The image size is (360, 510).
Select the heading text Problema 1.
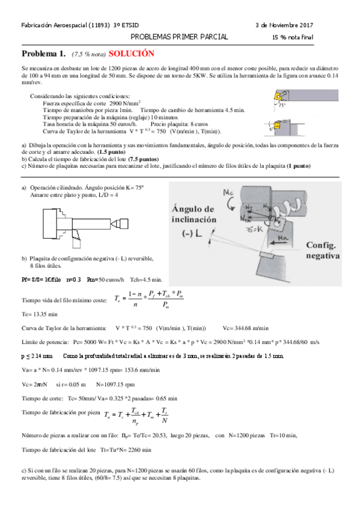pyautogui.click(x=44, y=53)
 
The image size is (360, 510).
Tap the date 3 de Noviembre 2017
pyautogui.click(x=285, y=25)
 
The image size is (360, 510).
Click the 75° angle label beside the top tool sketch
pyautogui.click(x=282, y=105)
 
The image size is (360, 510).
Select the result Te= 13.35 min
pyautogui.click(x=40, y=313)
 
